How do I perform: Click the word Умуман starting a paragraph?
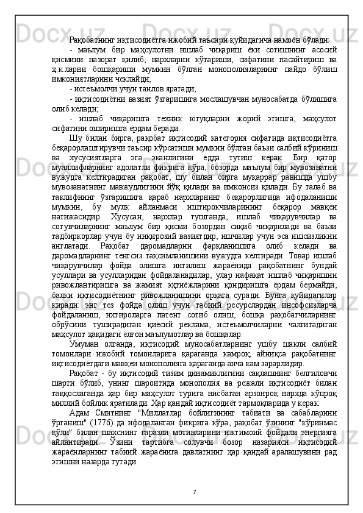84,345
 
